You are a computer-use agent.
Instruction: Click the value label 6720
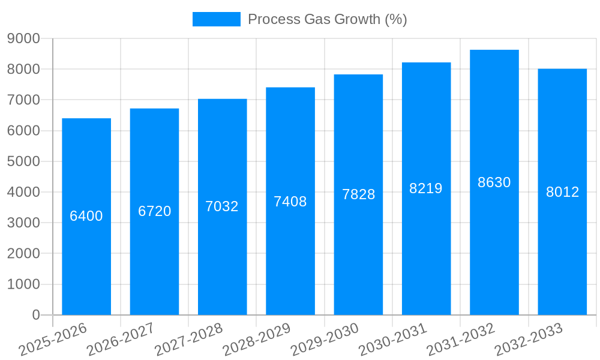click(155, 211)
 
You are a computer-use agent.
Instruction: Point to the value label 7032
click(222, 206)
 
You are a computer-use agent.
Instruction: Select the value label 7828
click(358, 194)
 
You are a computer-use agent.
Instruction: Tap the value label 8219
click(426, 188)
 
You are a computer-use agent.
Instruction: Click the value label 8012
click(562, 192)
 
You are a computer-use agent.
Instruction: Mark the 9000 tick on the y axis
click(23, 38)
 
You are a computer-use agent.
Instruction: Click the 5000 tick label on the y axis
click(23, 161)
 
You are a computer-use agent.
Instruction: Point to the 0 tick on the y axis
click(35, 315)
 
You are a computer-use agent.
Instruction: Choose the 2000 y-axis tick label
click(23, 254)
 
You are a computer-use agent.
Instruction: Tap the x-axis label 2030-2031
click(393, 339)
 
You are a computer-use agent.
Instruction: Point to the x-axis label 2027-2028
click(189, 339)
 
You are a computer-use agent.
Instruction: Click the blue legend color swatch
click(216, 19)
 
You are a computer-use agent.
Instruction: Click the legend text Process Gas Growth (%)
click(327, 19)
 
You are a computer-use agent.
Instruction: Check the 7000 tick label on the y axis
click(23, 100)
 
